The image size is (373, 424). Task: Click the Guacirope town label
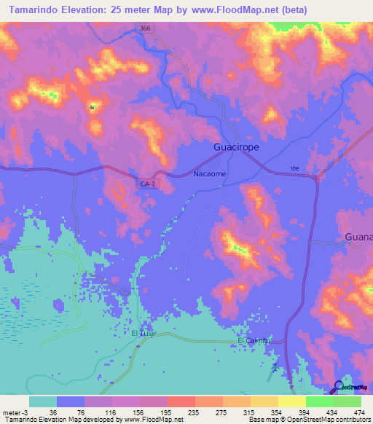(236, 146)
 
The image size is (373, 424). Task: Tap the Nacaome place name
(210, 174)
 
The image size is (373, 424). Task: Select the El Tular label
(144, 333)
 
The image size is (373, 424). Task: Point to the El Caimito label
(254, 340)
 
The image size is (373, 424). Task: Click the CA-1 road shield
(148, 184)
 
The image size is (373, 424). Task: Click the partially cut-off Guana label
(358, 237)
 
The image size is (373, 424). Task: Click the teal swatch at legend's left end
(42, 401)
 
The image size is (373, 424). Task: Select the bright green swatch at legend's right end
(347, 401)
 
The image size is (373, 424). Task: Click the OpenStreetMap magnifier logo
(340, 388)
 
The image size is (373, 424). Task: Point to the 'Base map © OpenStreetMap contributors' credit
(309, 420)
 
